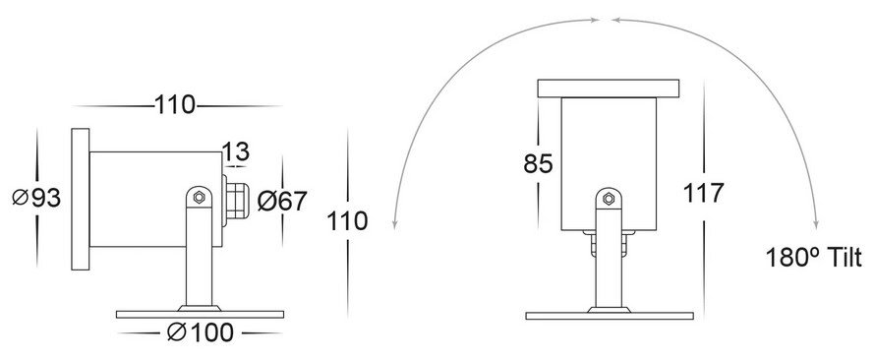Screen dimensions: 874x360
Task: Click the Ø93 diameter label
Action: coord(36,198)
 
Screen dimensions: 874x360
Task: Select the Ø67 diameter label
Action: coord(282,201)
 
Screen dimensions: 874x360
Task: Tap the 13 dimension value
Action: coord(236,151)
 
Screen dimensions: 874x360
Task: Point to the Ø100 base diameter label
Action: coord(201,332)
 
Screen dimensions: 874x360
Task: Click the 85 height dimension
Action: coord(538,164)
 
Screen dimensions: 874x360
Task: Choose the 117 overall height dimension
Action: coord(704,193)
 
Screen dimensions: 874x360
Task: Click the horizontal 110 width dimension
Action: coord(175,105)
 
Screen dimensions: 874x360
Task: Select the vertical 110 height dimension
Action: coord(347,220)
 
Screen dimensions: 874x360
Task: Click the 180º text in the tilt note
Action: coord(788,258)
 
